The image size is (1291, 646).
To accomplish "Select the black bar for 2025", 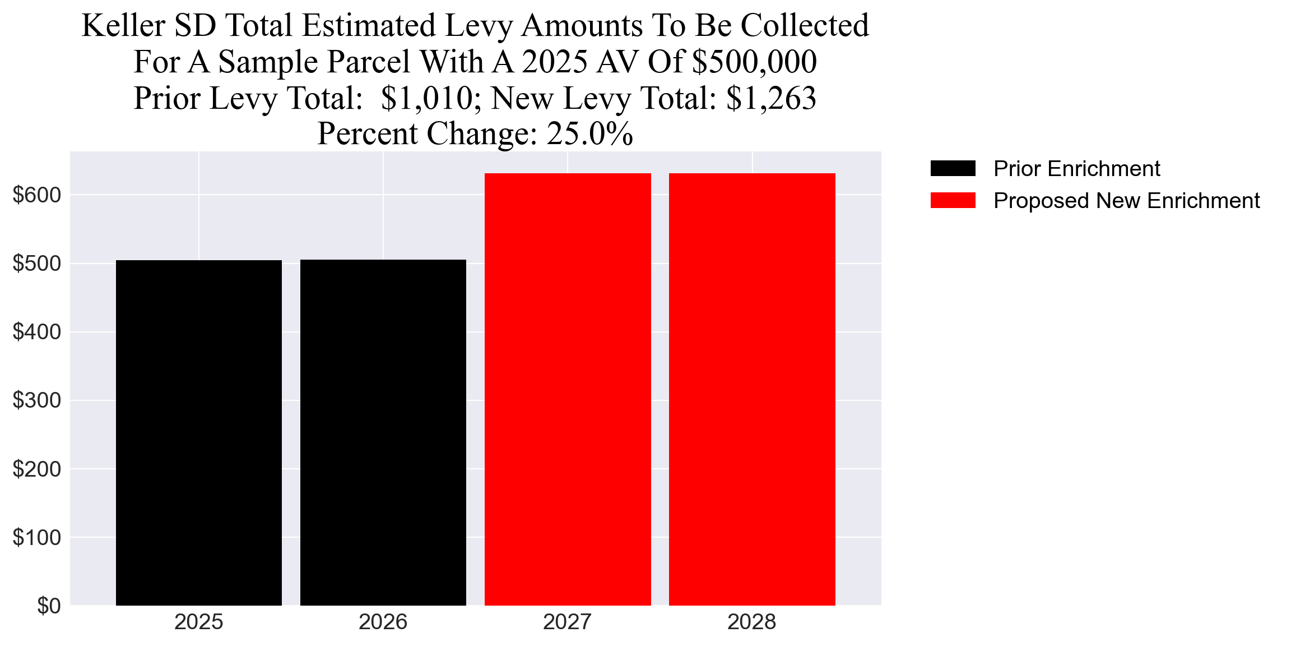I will pos(199,432).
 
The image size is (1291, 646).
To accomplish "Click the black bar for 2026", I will pos(383,432).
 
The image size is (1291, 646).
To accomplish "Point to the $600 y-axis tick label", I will pos(36,195).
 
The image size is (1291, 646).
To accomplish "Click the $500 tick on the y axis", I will pos(36,264).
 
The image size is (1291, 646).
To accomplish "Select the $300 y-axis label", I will pos(36,400).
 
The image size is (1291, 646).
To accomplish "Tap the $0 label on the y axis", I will pos(49,606).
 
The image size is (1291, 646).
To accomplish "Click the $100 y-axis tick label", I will pos(36,538).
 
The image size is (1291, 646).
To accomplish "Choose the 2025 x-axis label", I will pos(199,622).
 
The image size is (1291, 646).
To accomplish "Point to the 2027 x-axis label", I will pos(568,622).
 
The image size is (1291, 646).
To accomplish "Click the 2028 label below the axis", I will pos(752,622).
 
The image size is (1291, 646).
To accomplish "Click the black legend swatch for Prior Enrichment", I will pos(953,168).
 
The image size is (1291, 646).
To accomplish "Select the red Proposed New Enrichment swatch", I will pos(953,200).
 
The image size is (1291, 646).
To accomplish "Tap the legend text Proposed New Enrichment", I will pos(1126,201).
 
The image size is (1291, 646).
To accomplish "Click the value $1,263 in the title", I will pos(771,98).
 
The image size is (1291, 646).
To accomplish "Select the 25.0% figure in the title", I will pos(589,134).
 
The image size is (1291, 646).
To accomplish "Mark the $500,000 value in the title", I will pos(754,62).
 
